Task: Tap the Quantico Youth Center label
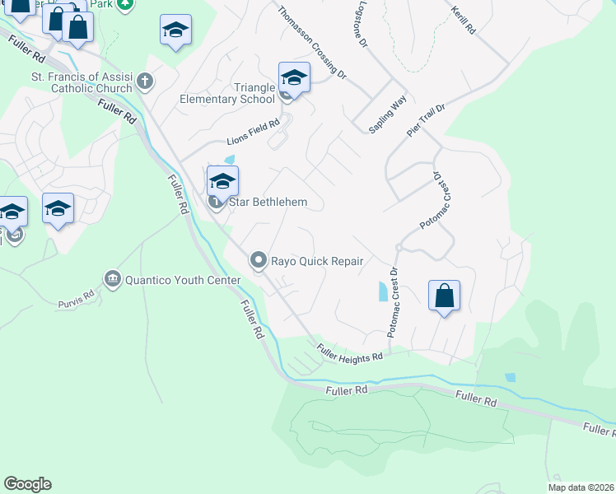[x=182, y=280]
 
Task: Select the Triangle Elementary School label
[x=227, y=94]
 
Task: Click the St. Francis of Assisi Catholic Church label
[x=81, y=83]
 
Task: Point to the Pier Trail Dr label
[x=426, y=119]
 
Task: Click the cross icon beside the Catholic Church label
[x=145, y=81]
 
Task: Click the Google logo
[x=27, y=484]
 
